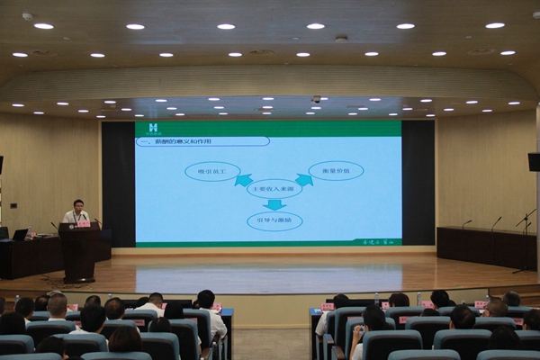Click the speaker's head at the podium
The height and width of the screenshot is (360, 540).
click(78, 205)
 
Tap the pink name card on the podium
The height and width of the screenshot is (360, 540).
click(83, 223)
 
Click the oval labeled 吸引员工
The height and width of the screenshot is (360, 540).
click(212, 171)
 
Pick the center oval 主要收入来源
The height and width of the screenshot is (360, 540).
click(274, 188)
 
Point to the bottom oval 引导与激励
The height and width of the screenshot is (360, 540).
click(274, 221)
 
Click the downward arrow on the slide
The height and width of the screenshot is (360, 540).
click(274, 205)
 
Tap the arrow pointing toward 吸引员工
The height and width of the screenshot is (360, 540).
click(244, 179)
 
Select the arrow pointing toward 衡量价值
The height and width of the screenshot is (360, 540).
click(304, 179)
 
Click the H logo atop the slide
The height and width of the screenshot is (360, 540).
click(152, 128)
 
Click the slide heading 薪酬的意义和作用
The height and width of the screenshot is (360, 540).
click(203, 141)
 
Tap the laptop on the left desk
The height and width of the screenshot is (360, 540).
click(20, 234)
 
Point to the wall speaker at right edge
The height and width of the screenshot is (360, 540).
click(534, 162)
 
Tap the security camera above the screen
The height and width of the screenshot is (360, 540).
click(316, 99)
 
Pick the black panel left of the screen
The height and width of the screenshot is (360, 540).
click(118, 184)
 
